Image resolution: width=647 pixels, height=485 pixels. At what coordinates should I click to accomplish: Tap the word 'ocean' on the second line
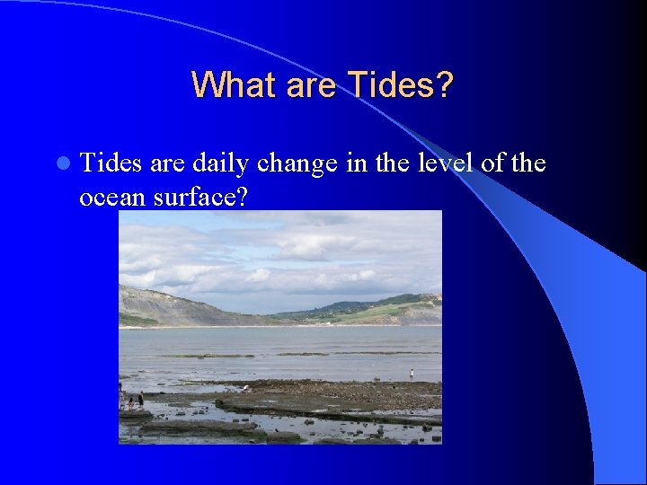tap(112, 196)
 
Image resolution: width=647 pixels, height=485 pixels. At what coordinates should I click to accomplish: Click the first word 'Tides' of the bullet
tap(111, 163)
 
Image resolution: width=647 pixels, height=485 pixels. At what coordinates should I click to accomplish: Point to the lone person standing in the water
tap(412, 373)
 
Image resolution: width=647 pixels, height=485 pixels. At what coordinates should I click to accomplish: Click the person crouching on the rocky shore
tap(245, 388)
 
